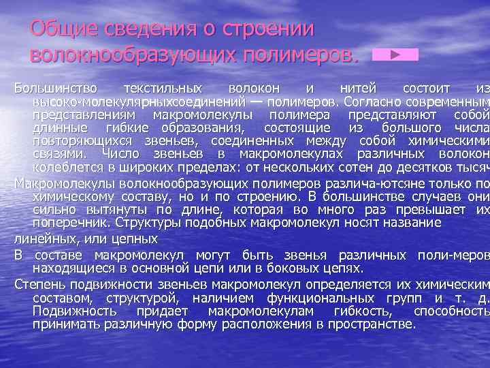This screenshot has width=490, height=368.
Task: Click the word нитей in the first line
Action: (355, 89)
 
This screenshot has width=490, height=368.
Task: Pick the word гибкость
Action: (358, 311)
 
